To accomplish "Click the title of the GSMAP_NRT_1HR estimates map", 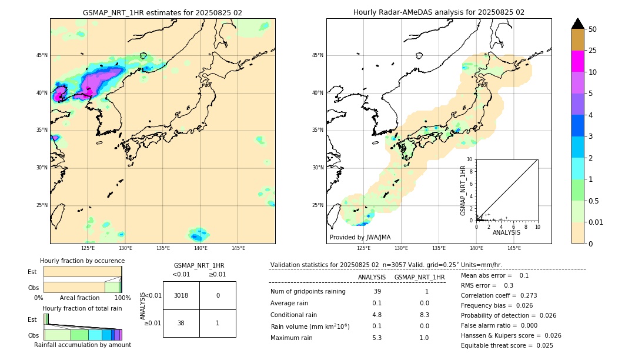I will coord(162,12).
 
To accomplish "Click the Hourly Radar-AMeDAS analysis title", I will coord(439,12).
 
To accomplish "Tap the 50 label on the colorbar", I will coord(593,29).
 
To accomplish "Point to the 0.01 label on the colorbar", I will coord(596,222).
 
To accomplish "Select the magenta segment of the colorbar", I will coord(577,61).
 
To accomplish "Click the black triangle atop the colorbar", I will coord(577,24).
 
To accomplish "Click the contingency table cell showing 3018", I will coord(181,295).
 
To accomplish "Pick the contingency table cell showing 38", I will coord(181,323).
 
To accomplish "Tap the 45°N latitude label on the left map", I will coord(42,55).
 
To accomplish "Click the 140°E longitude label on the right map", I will coord(476,248).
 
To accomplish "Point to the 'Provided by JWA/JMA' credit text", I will coord(360,238).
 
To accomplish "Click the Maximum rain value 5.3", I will coord(377,338).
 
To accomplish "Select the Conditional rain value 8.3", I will coord(424,315).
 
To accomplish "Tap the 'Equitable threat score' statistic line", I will coord(507,345).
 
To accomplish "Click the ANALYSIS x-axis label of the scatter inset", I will coord(507,232).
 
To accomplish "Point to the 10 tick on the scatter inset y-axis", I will coord(470,159).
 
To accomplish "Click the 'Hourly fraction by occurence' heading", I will coord(82,261).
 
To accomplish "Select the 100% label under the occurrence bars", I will coord(122,298).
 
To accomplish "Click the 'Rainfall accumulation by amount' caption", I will coord(82,345).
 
